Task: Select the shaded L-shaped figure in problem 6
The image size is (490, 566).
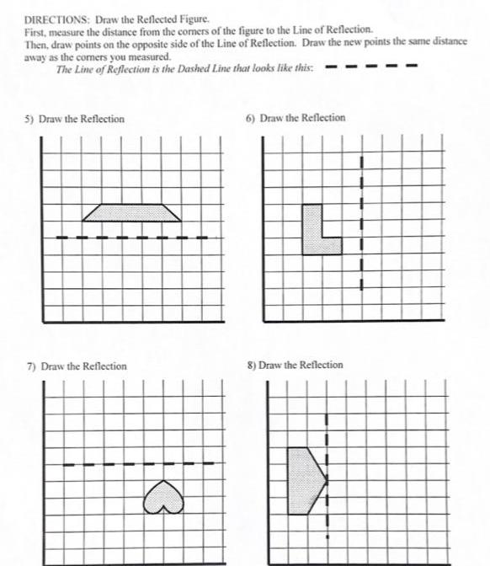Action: (315, 230)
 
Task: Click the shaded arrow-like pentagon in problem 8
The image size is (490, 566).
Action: (303, 480)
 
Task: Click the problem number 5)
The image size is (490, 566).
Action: (29, 119)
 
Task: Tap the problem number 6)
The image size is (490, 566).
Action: (250, 118)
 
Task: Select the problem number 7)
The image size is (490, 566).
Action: (31, 366)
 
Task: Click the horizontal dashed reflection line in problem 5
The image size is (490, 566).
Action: (131, 238)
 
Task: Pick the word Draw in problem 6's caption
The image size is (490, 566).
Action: (272, 118)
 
